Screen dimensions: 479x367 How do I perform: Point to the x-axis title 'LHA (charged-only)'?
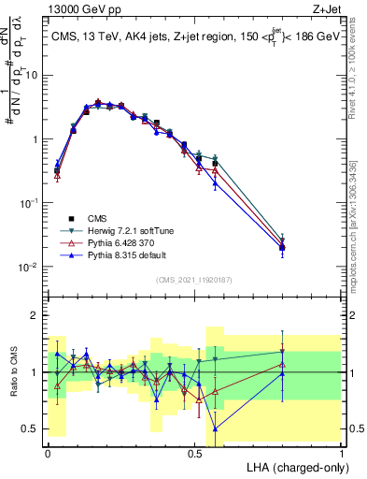pyautogui.click(x=292, y=466)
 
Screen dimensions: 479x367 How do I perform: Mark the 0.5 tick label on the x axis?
pyautogui.click(x=194, y=452)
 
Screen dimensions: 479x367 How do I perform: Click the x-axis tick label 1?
pyautogui.click(x=342, y=452)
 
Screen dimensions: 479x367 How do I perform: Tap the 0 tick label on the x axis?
pyautogui.click(x=48, y=452)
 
